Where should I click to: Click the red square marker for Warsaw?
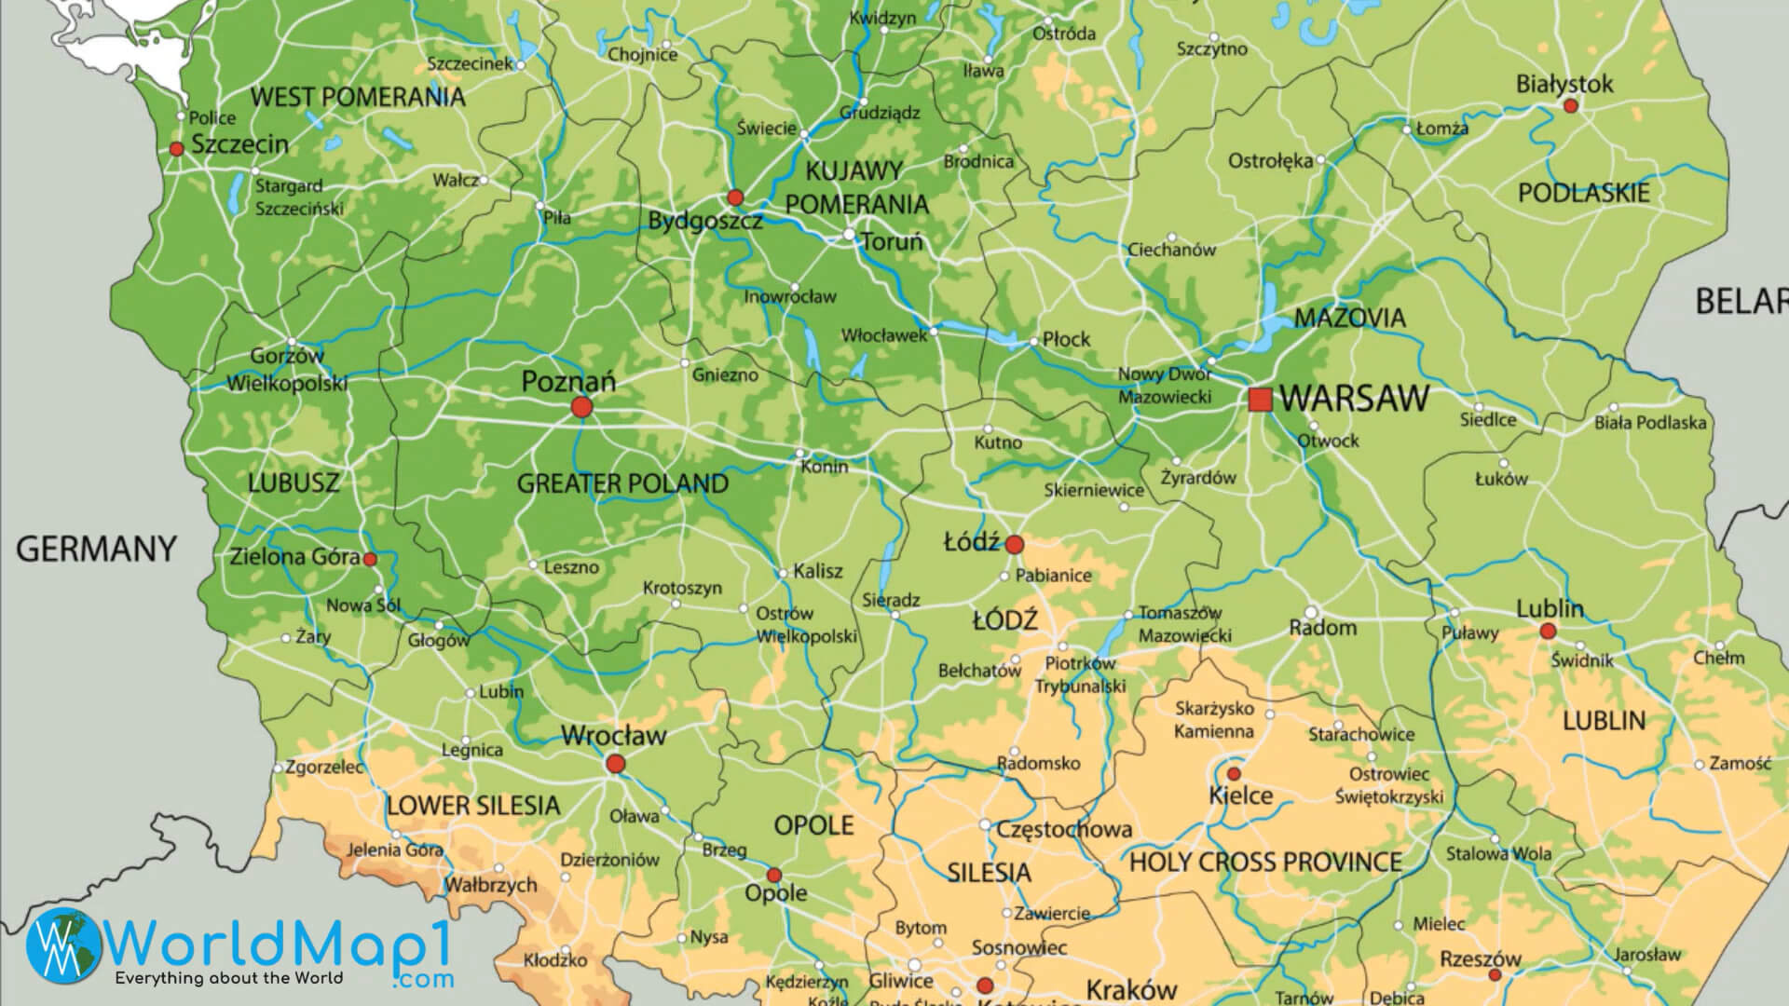(x=1260, y=400)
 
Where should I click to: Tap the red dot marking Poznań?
(x=581, y=407)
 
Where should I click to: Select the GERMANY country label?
(x=96, y=550)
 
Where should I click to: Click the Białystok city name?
(x=1564, y=84)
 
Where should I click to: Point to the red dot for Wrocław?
(x=615, y=765)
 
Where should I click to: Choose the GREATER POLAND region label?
(x=622, y=483)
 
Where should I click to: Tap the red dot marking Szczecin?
(x=176, y=149)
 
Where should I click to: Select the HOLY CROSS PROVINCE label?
(x=1265, y=863)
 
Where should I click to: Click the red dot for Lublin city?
(x=1548, y=632)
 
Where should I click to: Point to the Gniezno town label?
(x=725, y=375)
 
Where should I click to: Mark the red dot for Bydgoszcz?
(x=735, y=197)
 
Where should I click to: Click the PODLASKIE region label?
(x=1583, y=193)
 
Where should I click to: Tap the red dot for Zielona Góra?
(x=370, y=560)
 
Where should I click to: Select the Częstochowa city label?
(x=1064, y=829)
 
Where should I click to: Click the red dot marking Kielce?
(x=1234, y=774)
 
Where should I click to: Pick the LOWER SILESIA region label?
(x=473, y=806)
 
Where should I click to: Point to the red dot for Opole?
(x=773, y=876)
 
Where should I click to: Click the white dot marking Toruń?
(x=849, y=234)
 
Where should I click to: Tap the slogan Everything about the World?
(x=228, y=978)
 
